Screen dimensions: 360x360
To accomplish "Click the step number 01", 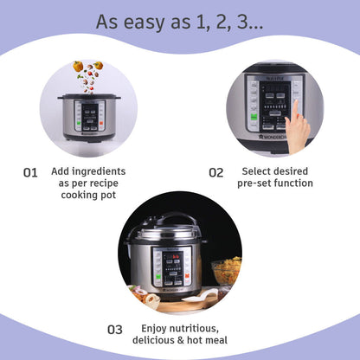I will pos(30,172).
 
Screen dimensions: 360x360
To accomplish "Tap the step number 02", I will pos(215,172).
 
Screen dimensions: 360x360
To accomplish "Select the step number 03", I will pos(115,329).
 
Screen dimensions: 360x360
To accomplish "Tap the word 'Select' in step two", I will pos(259,171).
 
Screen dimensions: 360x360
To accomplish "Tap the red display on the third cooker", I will pos(169,256).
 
